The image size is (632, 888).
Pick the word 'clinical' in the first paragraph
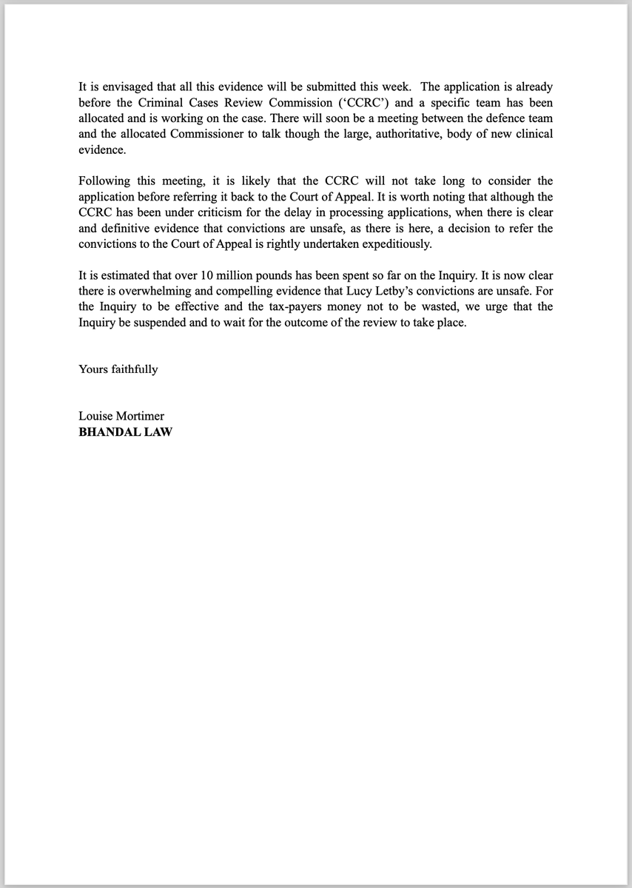[531, 133]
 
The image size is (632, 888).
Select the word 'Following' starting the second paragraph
[104, 181]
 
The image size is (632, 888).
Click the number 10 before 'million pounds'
[208, 275]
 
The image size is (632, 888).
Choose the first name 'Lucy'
[347, 291]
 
